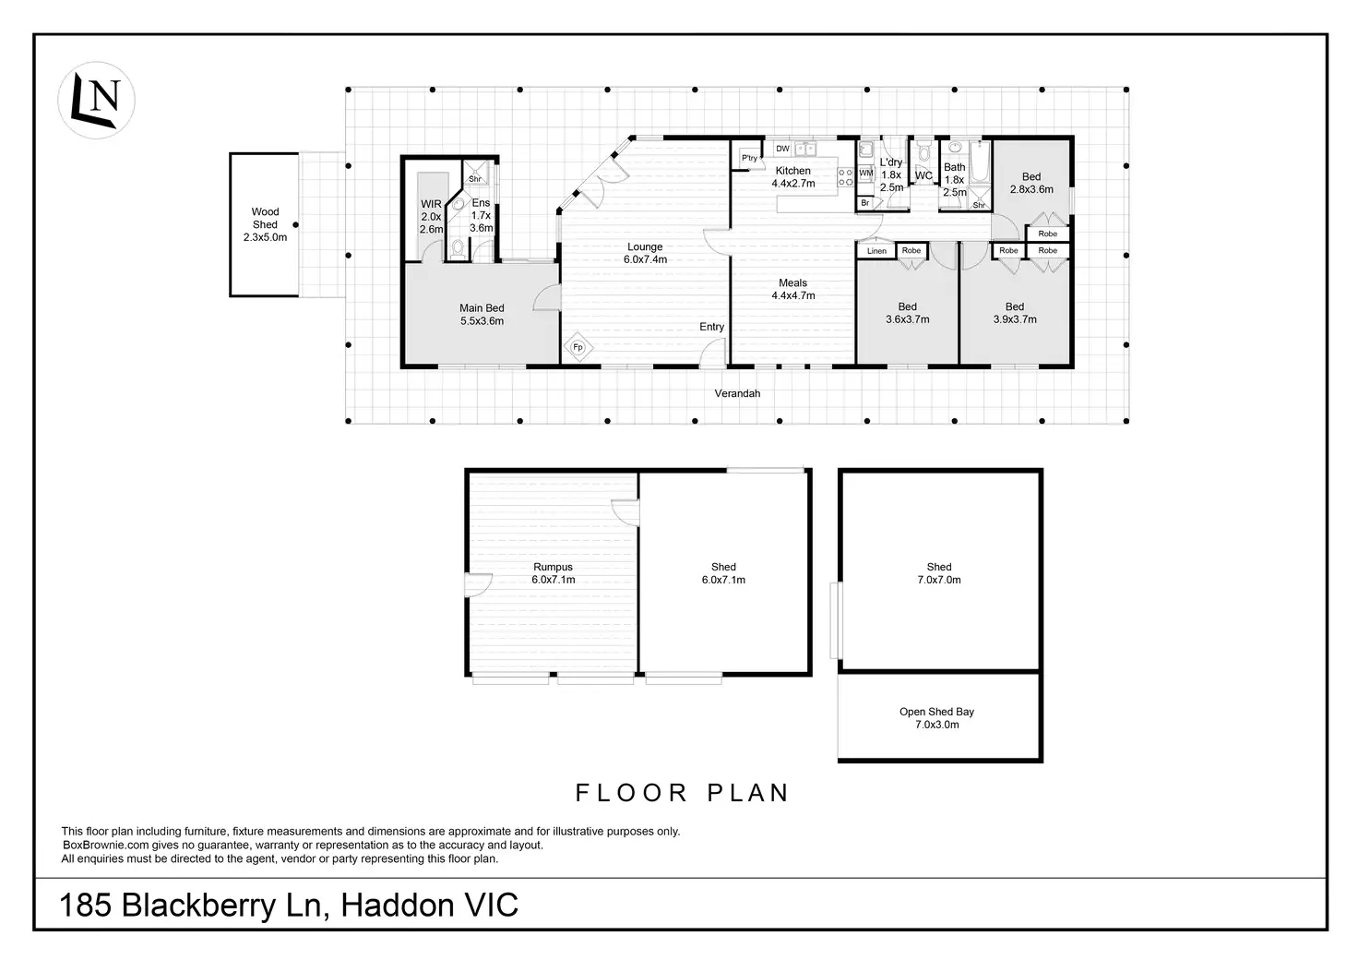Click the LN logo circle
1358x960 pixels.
(96, 100)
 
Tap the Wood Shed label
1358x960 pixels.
(265, 224)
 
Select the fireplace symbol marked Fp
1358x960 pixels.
(578, 347)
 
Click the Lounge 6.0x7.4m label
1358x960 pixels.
(645, 253)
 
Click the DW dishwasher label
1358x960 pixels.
(782, 149)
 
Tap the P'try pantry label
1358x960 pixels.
(749, 158)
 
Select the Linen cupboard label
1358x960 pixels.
(876, 251)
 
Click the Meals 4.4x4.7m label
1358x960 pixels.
(793, 289)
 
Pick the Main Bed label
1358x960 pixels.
(482, 315)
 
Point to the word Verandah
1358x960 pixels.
(737, 393)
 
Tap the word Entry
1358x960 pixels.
(711, 327)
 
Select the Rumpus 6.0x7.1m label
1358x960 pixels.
(553, 573)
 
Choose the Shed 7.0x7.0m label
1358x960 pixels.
(939, 573)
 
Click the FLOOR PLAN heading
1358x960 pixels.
(682, 793)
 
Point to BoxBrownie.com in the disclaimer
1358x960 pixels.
(105, 845)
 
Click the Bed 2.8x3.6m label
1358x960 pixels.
(1031, 183)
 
